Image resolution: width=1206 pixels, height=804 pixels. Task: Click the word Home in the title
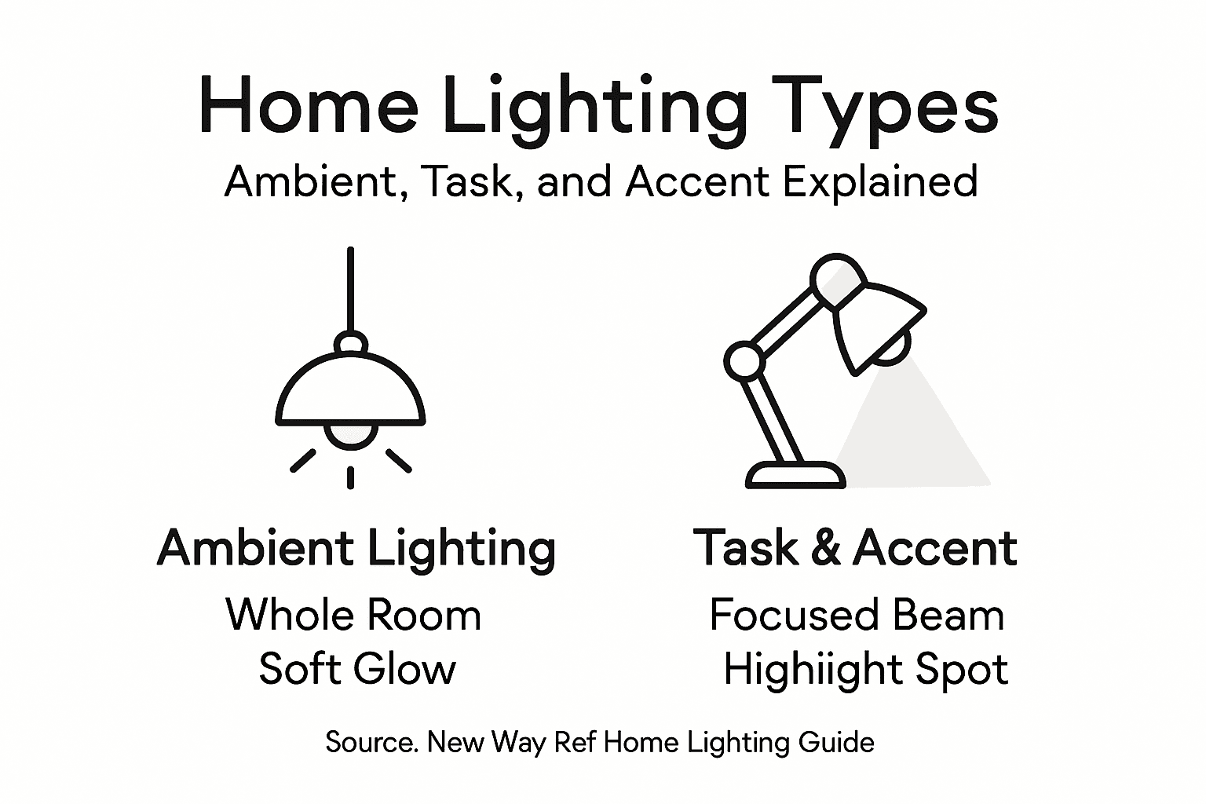[x=308, y=106]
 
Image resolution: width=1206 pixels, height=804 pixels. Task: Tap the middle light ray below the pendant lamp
[x=350, y=477]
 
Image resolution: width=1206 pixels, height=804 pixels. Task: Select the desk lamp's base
[x=795, y=474]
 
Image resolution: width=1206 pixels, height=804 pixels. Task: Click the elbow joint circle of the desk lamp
[x=743, y=361]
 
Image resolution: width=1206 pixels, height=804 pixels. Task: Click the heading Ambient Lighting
[x=356, y=548]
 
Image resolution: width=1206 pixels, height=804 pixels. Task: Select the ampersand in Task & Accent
[x=826, y=547]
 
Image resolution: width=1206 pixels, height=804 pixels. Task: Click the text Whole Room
[x=353, y=614]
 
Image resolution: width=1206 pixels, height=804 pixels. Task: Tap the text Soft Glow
[x=357, y=669]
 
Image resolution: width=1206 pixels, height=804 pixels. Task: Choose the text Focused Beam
[x=857, y=614]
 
